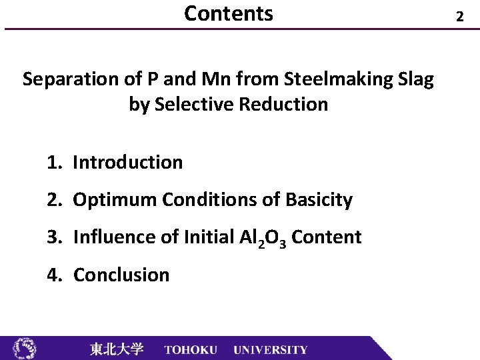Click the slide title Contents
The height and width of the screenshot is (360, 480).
[x=228, y=13]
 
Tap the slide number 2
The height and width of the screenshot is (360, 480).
[x=459, y=16]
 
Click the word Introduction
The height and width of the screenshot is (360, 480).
[x=127, y=162]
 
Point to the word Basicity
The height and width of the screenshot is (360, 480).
[x=319, y=199]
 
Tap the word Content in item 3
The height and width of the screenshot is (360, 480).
[x=327, y=237]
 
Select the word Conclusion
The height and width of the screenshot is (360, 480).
[x=121, y=275]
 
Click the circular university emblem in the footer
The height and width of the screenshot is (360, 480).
[x=25, y=348]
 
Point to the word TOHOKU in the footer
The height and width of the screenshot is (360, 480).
[x=191, y=349]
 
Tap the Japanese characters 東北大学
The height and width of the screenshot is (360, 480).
[x=117, y=349]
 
